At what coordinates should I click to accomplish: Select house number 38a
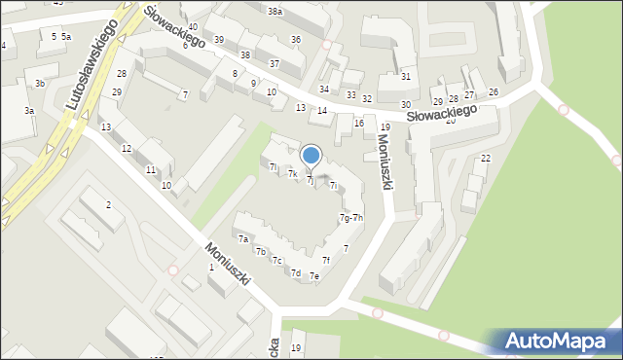tap(275, 12)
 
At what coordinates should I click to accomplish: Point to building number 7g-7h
tap(350, 217)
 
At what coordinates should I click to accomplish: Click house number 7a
tap(243, 238)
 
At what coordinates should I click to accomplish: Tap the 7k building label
tap(292, 173)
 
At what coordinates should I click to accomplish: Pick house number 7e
tap(314, 276)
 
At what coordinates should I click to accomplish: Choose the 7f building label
tap(327, 260)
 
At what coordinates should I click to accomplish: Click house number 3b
tap(40, 84)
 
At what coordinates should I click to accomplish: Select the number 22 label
tap(486, 158)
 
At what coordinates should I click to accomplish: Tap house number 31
tap(406, 76)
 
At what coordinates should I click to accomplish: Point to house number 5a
tap(66, 36)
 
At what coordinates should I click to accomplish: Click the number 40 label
tap(194, 26)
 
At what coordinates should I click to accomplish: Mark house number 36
tap(296, 39)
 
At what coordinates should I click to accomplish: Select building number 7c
tap(277, 260)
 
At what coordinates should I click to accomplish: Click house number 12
tap(127, 148)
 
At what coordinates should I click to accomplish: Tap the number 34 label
tap(324, 89)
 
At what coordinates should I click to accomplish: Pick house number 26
tap(494, 91)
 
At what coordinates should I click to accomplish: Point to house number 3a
tap(29, 111)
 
